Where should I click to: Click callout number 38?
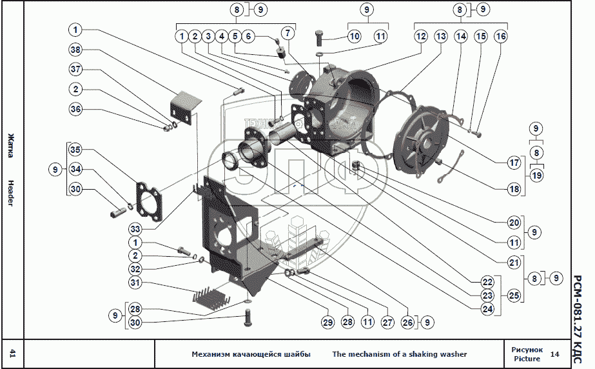pyautogui.click(x=76, y=50)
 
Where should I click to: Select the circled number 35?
pyautogui.click(x=76, y=150)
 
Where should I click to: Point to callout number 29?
pyautogui.click(x=327, y=322)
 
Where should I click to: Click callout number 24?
pyautogui.click(x=487, y=309)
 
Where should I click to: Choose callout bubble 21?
pyautogui.click(x=514, y=263)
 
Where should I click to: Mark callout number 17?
pyautogui.click(x=514, y=163)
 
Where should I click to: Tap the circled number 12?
pyautogui.click(x=420, y=37)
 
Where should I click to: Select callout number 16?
pyautogui.click(x=500, y=37)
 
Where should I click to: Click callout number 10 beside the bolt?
pyautogui.click(x=354, y=37)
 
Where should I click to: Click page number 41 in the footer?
pyautogui.click(x=13, y=353)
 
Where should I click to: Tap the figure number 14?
pyautogui.click(x=555, y=354)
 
